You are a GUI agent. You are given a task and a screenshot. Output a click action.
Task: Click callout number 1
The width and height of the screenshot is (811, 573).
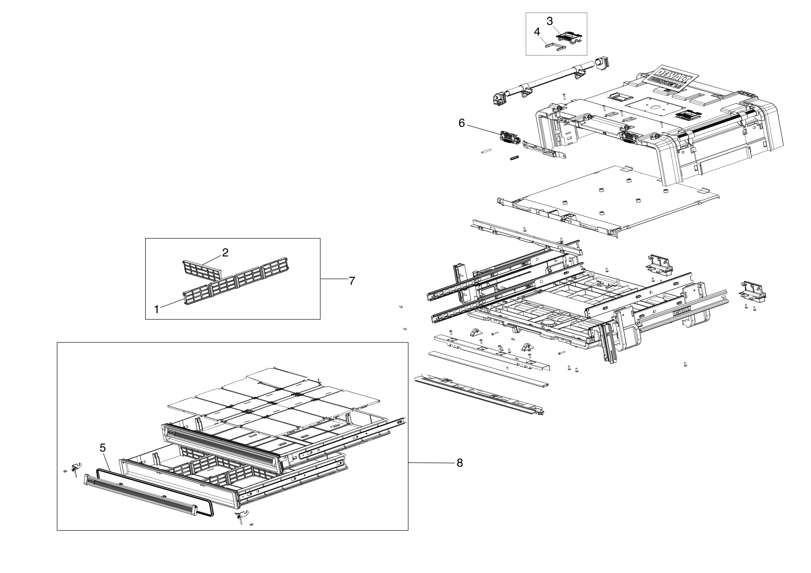(x=157, y=309)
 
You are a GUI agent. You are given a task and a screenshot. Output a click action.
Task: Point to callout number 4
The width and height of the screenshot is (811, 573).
(x=537, y=32)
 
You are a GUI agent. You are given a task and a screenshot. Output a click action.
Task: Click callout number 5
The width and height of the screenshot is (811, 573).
(x=102, y=448)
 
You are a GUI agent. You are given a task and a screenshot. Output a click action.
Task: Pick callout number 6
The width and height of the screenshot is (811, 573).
(x=462, y=123)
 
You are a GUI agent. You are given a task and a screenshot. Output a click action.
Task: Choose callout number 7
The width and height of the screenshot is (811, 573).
(x=352, y=281)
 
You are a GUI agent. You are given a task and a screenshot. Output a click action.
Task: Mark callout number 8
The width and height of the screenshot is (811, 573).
(x=459, y=463)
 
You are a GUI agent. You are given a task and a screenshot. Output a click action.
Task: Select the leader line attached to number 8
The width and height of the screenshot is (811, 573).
(x=431, y=463)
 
